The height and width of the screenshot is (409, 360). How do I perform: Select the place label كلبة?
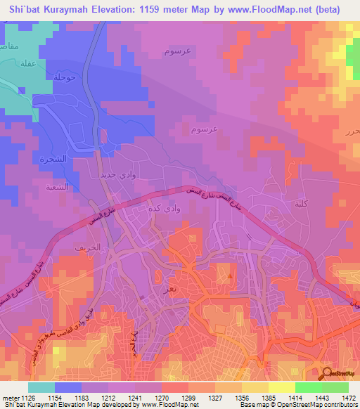click(x=302, y=203)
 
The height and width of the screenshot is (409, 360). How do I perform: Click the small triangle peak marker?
click(x=229, y=275)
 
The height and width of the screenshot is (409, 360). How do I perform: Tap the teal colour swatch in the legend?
click(x=41, y=387)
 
